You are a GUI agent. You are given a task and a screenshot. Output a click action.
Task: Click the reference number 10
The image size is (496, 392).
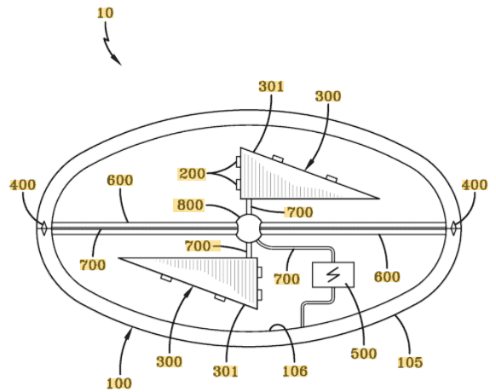(105, 13)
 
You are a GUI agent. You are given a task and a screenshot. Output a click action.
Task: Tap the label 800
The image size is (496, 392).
(190, 205)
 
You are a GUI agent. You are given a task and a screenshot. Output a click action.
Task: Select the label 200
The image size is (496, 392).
(192, 173)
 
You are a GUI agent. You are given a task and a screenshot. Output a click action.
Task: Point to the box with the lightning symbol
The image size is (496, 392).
(333, 275)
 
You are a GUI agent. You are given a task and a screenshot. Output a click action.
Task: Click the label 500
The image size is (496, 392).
(364, 354)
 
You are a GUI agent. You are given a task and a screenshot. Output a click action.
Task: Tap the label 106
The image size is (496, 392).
(295, 371)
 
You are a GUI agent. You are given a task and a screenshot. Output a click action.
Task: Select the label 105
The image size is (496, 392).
(410, 362)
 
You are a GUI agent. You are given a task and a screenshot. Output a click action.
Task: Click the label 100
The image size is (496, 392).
(119, 383)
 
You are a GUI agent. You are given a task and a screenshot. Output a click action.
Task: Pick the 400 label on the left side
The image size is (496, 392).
(23, 185)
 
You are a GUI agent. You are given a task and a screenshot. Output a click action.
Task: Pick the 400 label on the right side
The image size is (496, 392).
(475, 185)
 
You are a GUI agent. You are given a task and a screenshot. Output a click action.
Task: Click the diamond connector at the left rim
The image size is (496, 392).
(43, 228)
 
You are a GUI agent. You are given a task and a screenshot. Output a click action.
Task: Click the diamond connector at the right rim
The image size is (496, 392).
(453, 228)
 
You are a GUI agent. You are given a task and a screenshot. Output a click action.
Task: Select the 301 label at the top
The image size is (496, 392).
(271, 86)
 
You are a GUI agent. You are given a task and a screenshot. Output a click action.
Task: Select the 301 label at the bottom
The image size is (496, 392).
(226, 371)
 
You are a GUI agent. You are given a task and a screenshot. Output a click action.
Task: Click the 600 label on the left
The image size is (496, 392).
(120, 181)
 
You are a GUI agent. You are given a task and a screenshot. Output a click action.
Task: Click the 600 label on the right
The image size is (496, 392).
(387, 277)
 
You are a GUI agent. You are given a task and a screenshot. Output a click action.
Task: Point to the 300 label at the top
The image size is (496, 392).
(328, 96)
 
